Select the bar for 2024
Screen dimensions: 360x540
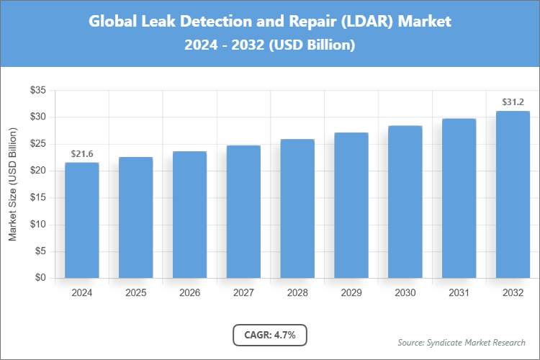[81, 220]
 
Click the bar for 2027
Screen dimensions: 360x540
[243, 211]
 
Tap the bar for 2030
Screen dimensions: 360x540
[405, 202]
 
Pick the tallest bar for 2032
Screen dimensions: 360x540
[513, 194]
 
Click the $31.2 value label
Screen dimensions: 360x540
[513, 102]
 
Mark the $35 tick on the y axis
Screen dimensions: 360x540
[37, 90]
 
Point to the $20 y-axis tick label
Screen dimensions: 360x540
[37, 171]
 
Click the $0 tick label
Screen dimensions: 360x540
[40, 278]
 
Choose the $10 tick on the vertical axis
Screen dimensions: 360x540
[37, 225]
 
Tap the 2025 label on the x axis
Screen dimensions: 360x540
[135, 294]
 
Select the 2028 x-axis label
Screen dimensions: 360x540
[297, 294]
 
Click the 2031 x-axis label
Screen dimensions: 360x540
[459, 294]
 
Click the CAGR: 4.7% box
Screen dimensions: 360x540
[270, 335]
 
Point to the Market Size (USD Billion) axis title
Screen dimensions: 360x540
[12, 184]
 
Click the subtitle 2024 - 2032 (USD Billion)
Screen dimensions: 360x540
[270, 45]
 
